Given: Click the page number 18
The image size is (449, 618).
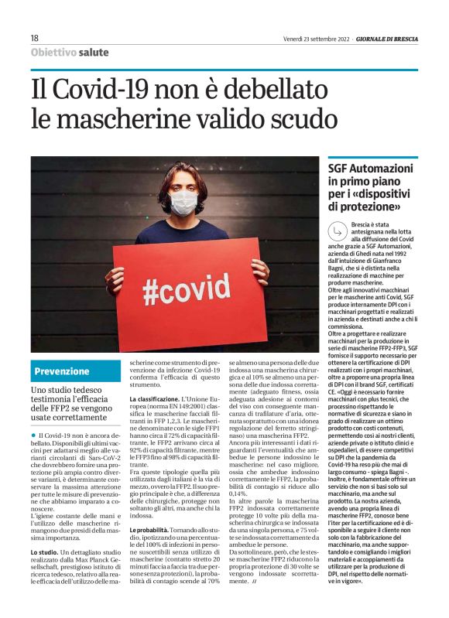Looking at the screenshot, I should click(x=35, y=38).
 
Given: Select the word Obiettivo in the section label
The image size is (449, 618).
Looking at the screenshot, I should click(x=53, y=53).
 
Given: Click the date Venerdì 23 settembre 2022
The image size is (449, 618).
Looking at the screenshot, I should click(x=319, y=38).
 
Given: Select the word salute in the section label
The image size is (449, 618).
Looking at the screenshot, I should click(x=93, y=53).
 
